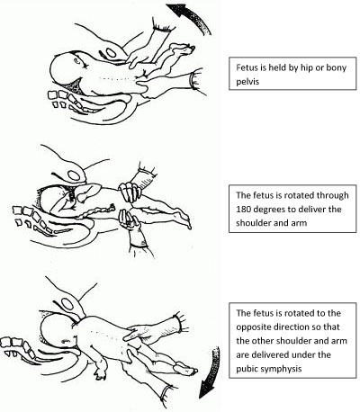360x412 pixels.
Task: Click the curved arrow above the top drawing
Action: (195, 16)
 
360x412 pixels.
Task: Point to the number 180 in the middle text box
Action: (243, 209)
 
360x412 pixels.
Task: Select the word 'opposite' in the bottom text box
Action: (253, 327)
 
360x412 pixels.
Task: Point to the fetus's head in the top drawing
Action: (65, 69)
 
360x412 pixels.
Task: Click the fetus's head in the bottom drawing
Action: (58, 333)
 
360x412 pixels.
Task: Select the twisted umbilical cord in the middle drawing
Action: (96, 210)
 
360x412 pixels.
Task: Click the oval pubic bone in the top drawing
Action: (111, 53)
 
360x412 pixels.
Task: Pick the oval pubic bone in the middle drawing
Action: (74, 175)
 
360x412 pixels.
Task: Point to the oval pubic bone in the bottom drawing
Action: (68, 305)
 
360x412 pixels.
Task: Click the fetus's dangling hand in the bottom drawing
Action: (101, 372)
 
